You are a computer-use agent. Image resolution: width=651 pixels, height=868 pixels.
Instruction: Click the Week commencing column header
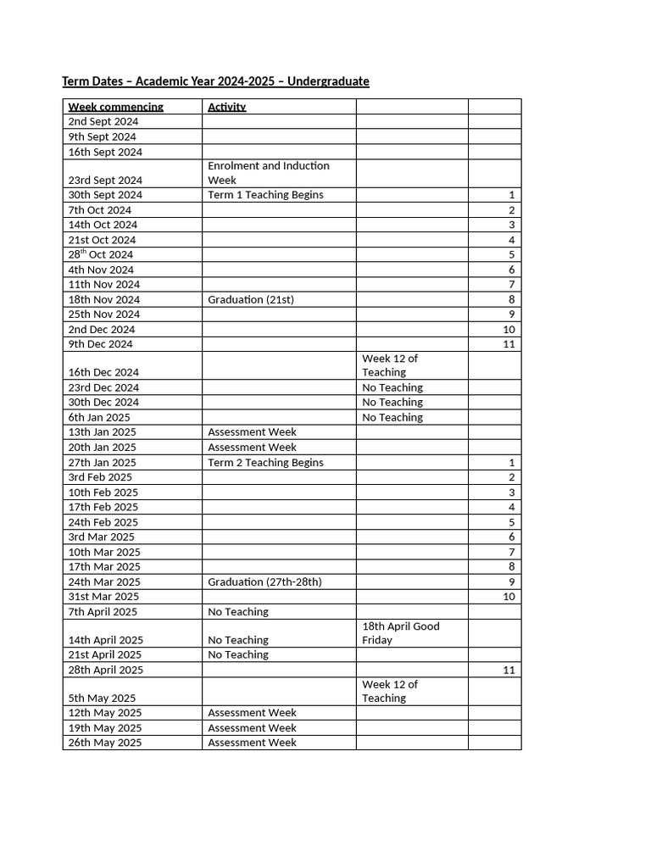[115, 107]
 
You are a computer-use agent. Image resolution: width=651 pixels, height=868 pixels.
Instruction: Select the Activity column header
[227, 107]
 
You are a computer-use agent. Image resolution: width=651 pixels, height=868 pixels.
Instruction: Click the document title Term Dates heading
[215, 81]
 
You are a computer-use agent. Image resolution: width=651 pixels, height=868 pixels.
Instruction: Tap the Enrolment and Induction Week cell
[269, 173]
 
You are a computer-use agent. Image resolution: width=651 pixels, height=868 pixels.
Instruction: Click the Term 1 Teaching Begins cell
[265, 195]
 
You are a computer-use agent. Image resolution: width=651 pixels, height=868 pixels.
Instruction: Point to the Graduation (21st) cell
[251, 299]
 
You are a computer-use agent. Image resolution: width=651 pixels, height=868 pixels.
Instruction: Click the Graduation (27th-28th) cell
[264, 582]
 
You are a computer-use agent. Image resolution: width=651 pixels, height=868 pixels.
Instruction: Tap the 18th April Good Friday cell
[401, 633]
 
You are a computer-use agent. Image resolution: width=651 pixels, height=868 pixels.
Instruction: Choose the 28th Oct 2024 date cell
[101, 254]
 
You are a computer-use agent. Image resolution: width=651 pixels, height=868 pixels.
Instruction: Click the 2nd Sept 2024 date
[103, 122]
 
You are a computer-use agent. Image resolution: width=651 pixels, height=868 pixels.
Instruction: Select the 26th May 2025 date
[105, 743]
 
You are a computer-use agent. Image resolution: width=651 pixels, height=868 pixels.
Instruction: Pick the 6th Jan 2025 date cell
[99, 418]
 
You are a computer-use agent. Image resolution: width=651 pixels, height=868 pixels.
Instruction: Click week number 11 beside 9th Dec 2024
[509, 344]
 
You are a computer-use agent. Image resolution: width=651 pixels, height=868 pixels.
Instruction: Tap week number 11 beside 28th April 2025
[509, 670]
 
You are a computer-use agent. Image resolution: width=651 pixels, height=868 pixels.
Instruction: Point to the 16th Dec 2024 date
[103, 372]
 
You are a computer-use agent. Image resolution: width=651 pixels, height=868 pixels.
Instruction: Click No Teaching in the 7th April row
[238, 612]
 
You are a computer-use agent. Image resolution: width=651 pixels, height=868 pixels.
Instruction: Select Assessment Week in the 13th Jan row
[252, 432]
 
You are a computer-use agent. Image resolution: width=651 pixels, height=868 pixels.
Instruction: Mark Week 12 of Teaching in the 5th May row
[390, 691]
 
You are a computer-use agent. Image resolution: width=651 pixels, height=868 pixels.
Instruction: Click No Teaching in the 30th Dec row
[392, 403]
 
